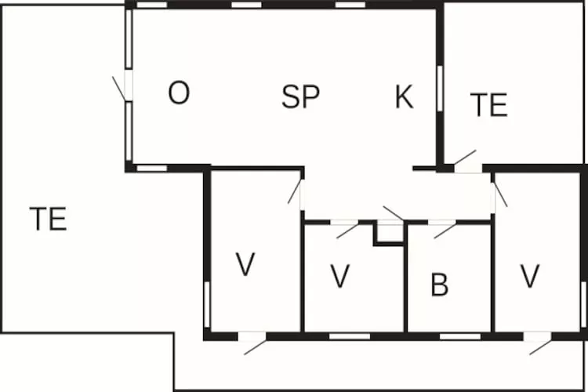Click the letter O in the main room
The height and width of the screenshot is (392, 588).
[179, 93]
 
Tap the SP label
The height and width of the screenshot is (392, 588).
[301, 96]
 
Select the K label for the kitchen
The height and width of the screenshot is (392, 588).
[405, 96]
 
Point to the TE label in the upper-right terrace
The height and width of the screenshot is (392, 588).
[489, 104]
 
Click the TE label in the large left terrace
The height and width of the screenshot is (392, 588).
[49, 218]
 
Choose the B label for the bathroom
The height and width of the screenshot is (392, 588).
[440, 285]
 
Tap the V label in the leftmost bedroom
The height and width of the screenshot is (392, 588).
[245, 264]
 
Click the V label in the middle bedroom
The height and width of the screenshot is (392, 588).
[340, 276]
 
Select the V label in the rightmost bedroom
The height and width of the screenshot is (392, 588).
[530, 276]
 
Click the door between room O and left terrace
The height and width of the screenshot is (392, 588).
[119, 89]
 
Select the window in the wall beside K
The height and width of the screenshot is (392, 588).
[440, 89]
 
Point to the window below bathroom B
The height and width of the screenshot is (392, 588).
[460, 336]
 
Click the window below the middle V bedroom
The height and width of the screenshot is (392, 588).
[350, 336]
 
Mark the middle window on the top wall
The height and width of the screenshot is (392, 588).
[246, 5]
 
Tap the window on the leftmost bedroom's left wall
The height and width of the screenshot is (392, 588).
[207, 304]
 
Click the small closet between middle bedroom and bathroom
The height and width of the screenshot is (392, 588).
[390, 234]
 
